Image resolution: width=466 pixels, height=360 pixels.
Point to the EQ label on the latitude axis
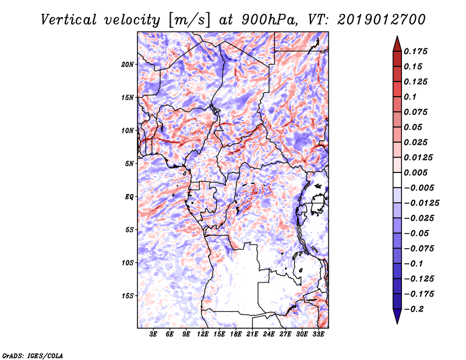pyautogui.click(x=129, y=197)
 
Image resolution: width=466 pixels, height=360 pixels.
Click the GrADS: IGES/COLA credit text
pyautogui.click(x=33, y=354)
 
